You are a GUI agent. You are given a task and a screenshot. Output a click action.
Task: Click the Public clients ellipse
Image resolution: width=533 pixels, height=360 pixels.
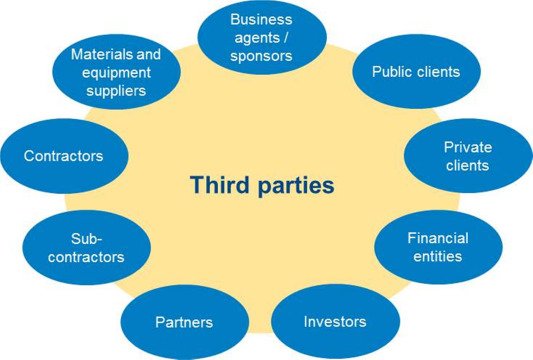tap(415, 73)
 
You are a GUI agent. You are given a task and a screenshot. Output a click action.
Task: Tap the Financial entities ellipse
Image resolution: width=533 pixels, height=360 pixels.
tap(437, 248)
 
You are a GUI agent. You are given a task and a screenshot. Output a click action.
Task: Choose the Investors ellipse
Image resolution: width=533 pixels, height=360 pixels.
tap(334, 322)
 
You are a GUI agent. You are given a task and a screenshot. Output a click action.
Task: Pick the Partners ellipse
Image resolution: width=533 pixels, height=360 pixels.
tap(184, 323)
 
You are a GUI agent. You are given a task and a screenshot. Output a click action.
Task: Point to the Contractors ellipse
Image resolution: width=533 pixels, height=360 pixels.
tap(63, 157)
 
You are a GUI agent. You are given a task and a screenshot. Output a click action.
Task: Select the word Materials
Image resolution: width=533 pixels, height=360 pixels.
tap(116, 54)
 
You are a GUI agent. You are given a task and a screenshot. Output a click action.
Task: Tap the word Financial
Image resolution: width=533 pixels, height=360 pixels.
tap(438, 239)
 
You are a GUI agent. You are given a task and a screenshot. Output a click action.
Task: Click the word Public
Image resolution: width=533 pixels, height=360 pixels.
tap(391, 73)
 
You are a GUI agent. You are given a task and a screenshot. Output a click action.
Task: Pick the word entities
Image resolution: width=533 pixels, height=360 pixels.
tap(438, 257)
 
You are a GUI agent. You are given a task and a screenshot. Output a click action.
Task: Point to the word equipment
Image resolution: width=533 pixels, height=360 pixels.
tap(117, 72)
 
